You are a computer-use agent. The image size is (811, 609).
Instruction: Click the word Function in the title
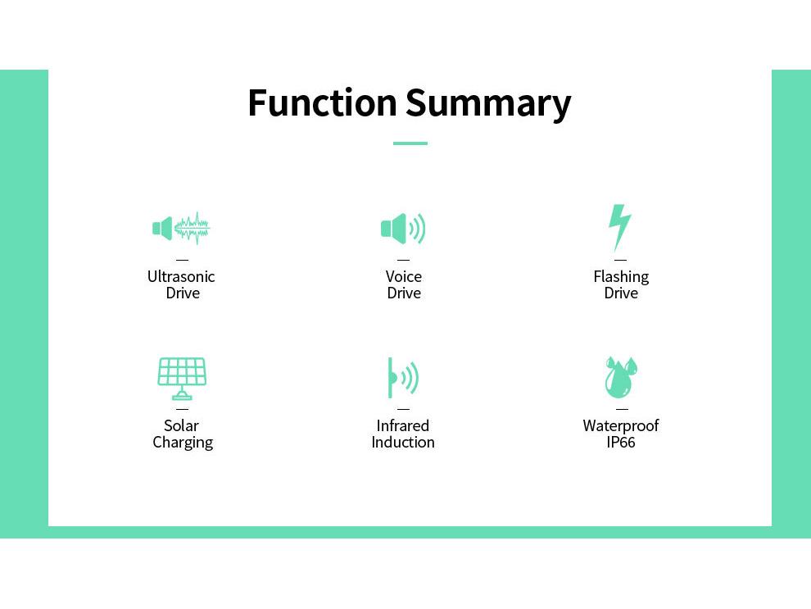pyautogui.click(x=322, y=102)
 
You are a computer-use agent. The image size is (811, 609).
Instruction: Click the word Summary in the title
pyautogui.click(x=488, y=105)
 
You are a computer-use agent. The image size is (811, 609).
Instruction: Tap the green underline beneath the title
pyautogui.click(x=410, y=143)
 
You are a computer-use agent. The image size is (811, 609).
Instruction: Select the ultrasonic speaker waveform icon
pyautogui.click(x=181, y=228)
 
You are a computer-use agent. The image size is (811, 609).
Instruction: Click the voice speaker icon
pyautogui.click(x=403, y=228)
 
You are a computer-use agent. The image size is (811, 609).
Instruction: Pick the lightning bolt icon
pyautogui.click(x=619, y=227)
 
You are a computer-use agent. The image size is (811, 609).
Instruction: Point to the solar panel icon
pyautogui.click(x=182, y=378)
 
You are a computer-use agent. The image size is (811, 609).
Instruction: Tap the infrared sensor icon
pyautogui.click(x=403, y=378)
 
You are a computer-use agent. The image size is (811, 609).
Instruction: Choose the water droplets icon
pyautogui.click(x=621, y=377)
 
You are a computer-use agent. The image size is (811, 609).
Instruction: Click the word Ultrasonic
pyautogui.click(x=181, y=277)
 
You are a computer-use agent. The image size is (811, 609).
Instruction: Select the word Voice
pyautogui.click(x=403, y=277)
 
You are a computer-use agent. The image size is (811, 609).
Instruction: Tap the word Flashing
pyautogui.click(x=621, y=277)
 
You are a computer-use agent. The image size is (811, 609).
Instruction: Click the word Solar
pyautogui.click(x=181, y=426)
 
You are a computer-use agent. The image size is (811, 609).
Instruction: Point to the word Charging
pyautogui.click(x=183, y=443)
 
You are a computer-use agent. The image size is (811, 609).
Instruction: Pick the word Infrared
pyautogui.click(x=403, y=426)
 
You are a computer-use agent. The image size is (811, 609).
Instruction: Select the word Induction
pyautogui.click(x=403, y=443)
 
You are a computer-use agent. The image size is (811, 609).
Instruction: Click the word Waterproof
pyautogui.click(x=621, y=426)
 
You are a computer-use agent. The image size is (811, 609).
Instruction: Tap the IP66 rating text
pyautogui.click(x=621, y=443)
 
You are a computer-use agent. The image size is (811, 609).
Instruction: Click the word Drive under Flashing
pyautogui.click(x=621, y=293)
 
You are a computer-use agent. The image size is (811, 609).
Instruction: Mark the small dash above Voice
pyautogui.click(x=403, y=261)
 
